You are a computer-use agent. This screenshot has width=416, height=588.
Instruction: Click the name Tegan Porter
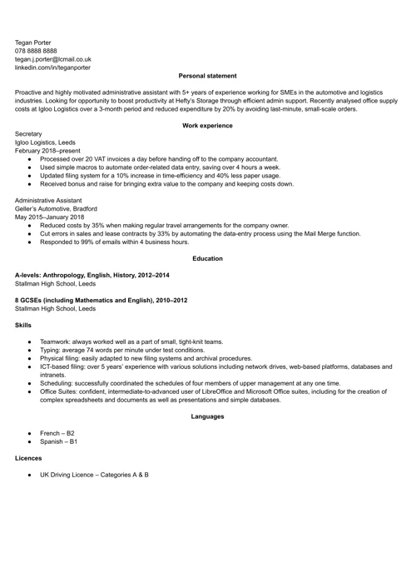point(33,41)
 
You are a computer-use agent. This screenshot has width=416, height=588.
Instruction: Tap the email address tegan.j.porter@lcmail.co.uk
point(53,59)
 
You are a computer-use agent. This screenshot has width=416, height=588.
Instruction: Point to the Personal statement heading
point(207,76)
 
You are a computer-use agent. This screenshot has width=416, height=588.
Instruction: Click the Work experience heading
point(207,125)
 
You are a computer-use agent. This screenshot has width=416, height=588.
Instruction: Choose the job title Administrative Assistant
point(48,200)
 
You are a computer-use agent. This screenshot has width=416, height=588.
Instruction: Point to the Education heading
point(207,258)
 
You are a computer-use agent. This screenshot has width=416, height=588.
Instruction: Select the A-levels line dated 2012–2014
point(92,275)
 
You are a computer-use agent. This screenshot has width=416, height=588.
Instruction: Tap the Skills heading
point(23,325)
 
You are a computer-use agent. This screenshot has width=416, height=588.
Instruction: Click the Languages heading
point(207,416)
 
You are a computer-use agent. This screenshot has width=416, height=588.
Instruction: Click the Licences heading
point(29,458)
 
